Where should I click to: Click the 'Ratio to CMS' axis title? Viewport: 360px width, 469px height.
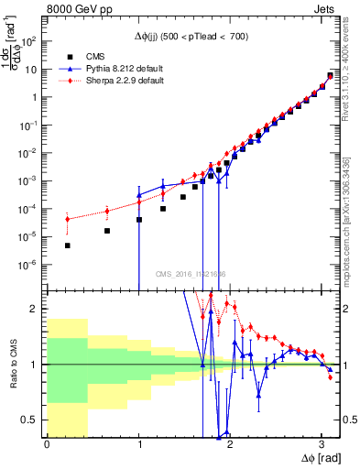point(12,365)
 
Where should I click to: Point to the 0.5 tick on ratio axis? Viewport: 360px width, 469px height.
point(33,420)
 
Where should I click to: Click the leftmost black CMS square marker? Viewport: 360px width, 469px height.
point(67,245)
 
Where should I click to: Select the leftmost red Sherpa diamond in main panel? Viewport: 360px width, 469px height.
point(67,218)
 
